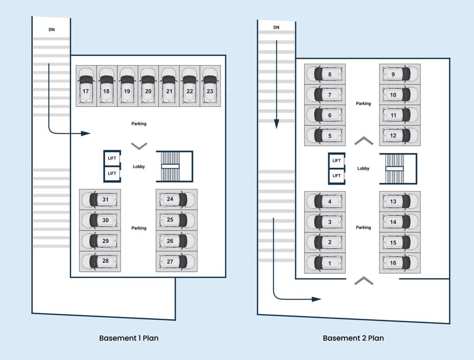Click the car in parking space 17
coord(86,87)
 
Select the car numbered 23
coord(210,87)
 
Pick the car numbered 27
coord(173,262)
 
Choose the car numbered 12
coord(397,136)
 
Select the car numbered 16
coord(397,263)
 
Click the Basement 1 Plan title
coord(129,338)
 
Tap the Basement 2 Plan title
coord(354,338)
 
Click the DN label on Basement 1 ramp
coord(52,30)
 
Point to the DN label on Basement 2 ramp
coord(277,27)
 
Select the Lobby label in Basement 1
coord(139,166)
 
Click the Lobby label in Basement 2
coord(363,168)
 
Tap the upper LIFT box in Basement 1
coord(112,158)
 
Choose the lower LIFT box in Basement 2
coord(337,176)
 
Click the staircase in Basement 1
coord(170,166)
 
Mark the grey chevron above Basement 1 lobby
coord(139,146)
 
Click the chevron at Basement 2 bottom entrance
coord(364,281)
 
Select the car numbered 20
coord(148,87)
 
